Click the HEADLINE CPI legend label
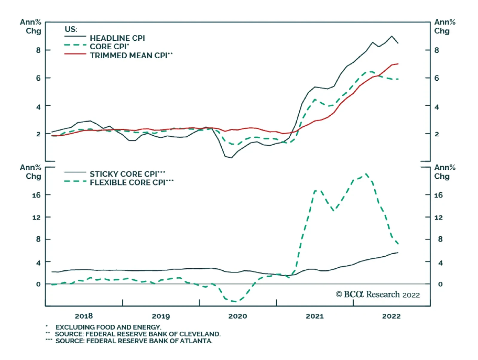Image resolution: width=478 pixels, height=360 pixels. coord(117,38)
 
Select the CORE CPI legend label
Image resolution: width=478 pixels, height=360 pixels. coord(109,47)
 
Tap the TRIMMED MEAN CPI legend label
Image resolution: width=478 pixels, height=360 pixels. coord(131,56)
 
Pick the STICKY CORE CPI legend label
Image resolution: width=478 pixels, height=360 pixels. coord(127,174)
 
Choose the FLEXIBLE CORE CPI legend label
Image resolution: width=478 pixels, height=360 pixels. coord(131,183)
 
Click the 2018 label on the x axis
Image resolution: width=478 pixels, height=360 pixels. coord(84,316)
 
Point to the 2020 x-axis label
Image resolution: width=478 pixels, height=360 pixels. coord(238,316)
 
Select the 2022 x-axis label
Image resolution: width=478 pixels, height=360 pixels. coord(391,316)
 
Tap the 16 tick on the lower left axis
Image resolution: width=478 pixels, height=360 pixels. coord(36,195)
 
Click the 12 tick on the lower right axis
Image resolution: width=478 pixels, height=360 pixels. coord(439,217)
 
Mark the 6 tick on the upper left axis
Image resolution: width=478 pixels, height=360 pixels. coord(38,78)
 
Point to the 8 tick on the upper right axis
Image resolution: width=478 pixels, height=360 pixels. coord(437,50)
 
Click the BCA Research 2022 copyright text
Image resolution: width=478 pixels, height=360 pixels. coord(378,295)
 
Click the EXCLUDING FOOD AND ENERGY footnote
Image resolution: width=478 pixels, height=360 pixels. coord(108,327)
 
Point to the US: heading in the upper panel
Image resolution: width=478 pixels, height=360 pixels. coord(71,29)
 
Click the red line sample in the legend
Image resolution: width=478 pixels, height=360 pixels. coord(75,54)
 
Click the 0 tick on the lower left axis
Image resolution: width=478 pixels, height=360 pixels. coord(38,284)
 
